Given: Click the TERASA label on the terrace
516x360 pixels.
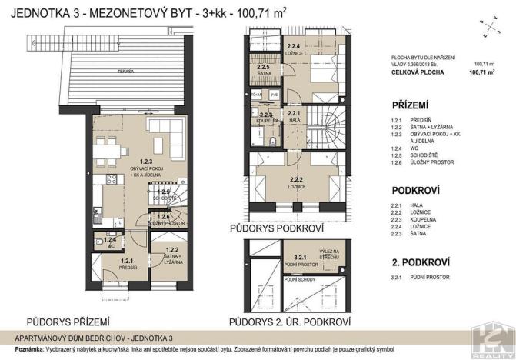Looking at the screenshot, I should pos(138,70).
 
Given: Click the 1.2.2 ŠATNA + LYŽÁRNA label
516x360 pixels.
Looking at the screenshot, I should pos(172,255).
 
